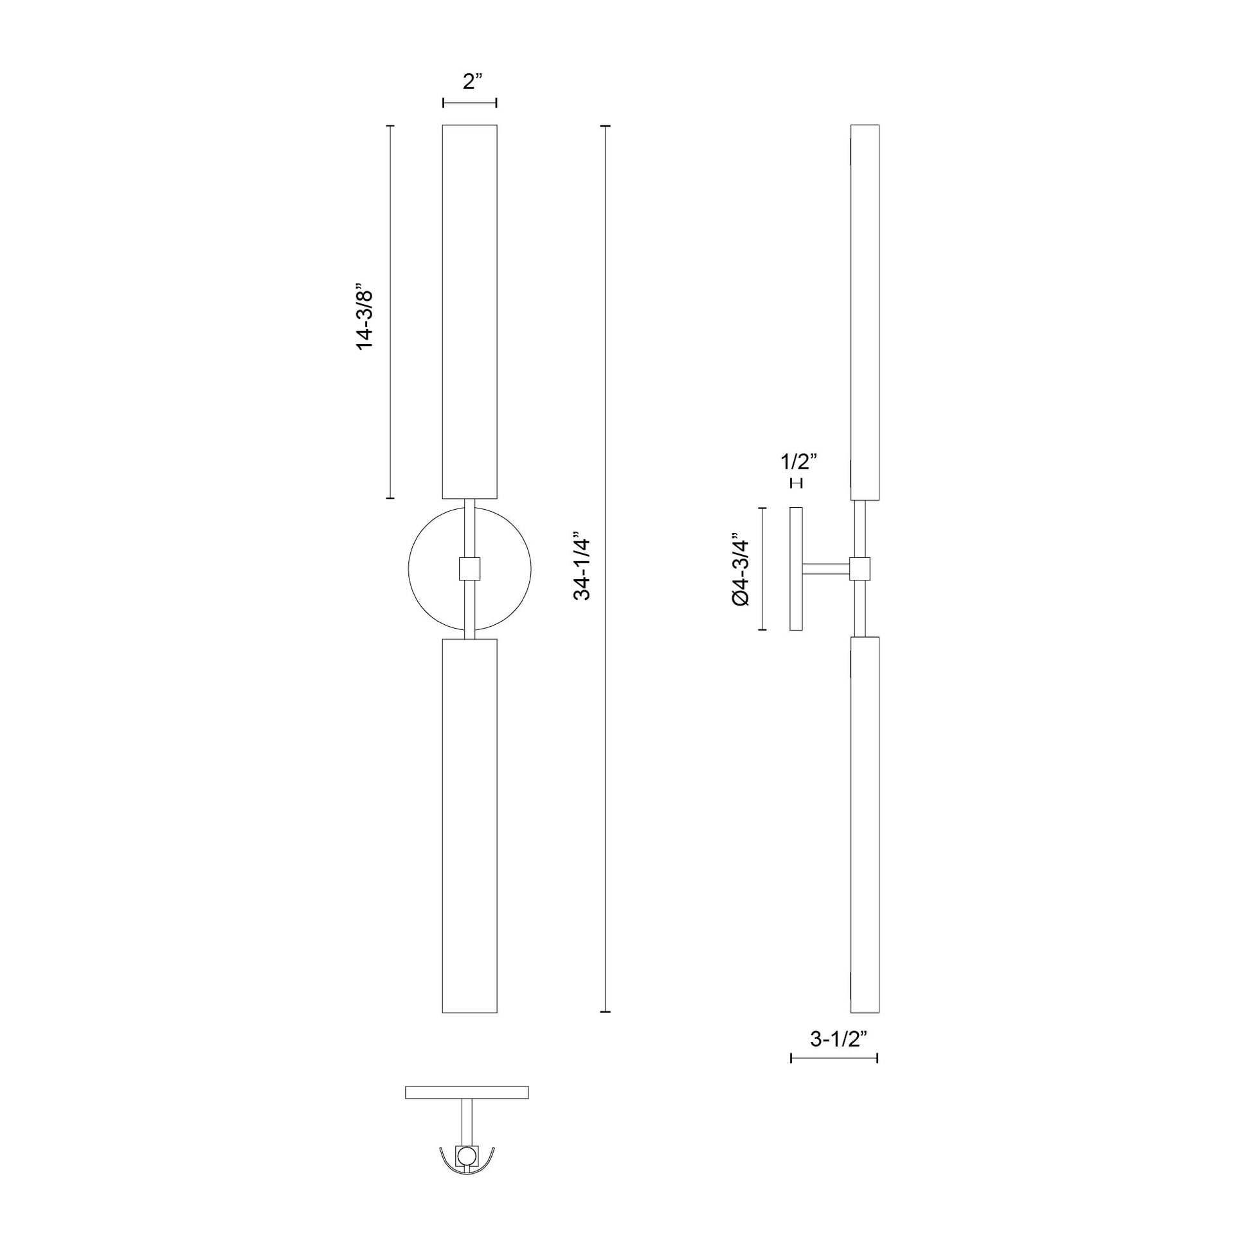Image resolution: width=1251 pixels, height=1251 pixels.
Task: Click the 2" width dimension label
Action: pyautogui.click(x=473, y=82)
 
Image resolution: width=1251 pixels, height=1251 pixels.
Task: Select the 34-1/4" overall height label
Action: pyautogui.click(x=583, y=568)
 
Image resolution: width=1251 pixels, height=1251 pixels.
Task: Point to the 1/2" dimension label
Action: pyautogui.click(x=798, y=462)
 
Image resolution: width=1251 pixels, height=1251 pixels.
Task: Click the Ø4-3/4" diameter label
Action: pyautogui.click(x=740, y=569)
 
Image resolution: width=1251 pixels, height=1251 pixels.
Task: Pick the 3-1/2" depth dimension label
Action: pyautogui.click(x=838, y=1039)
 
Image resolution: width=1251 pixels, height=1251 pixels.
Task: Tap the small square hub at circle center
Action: pyautogui.click(x=469, y=568)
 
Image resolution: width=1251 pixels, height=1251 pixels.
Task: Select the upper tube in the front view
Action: pyautogui.click(x=469, y=310)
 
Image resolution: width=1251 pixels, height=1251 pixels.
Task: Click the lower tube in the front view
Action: pyautogui.click(x=469, y=825)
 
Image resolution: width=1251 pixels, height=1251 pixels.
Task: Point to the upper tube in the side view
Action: pyautogui.click(x=865, y=310)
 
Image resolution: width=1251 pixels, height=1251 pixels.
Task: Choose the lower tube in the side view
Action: pyautogui.click(x=865, y=825)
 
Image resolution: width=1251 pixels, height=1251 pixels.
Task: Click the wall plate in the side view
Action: pyautogui.click(x=796, y=568)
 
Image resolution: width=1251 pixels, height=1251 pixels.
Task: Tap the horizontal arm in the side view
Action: pyautogui.click(x=825, y=569)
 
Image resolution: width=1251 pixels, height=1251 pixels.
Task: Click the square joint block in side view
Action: pyautogui.click(x=860, y=568)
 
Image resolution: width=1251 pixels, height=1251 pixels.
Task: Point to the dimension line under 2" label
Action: pyautogui.click(x=469, y=102)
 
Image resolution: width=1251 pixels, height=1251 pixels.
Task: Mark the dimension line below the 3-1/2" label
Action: pyautogui.click(x=834, y=1058)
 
